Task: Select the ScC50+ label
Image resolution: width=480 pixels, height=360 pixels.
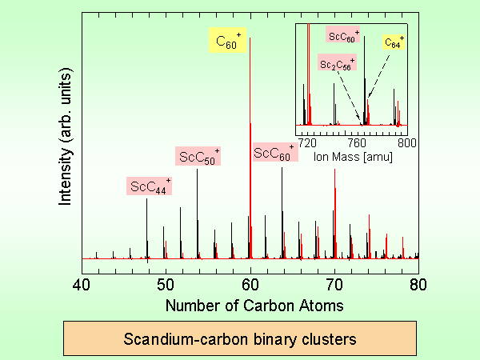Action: pyautogui.click(x=198, y=156)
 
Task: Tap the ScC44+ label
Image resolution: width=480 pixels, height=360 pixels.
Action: pyautogui.click(x=150, y=186)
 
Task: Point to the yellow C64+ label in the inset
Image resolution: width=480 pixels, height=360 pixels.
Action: pyautogui.click(x=393, y=43)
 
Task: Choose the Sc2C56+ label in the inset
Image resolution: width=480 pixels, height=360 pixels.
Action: pyautogui.click(x=337, y=66)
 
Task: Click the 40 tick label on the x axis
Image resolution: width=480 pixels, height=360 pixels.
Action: pyautogui.click(x=82, y=284)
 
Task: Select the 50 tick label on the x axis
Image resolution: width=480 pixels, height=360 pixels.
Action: pyautogui.click(x=166, y=284)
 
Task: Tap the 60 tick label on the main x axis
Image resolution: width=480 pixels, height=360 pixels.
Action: pyautogui.click(x=250, y=284)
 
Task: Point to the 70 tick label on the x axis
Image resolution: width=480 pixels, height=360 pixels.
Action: pyautogui.click(x=334, y=284)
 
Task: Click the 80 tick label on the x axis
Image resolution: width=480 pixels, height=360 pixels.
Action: pyautogui.click(x=418, y=284)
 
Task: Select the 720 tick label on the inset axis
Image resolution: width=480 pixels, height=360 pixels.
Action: pyautogui.click(x=308, y=142)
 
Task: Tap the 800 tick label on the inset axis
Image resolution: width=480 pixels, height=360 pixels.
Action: pyautogui.click(x=404, y=142)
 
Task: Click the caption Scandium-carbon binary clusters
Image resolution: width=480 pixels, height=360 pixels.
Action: pyautogui.click(x=240, y=338)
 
